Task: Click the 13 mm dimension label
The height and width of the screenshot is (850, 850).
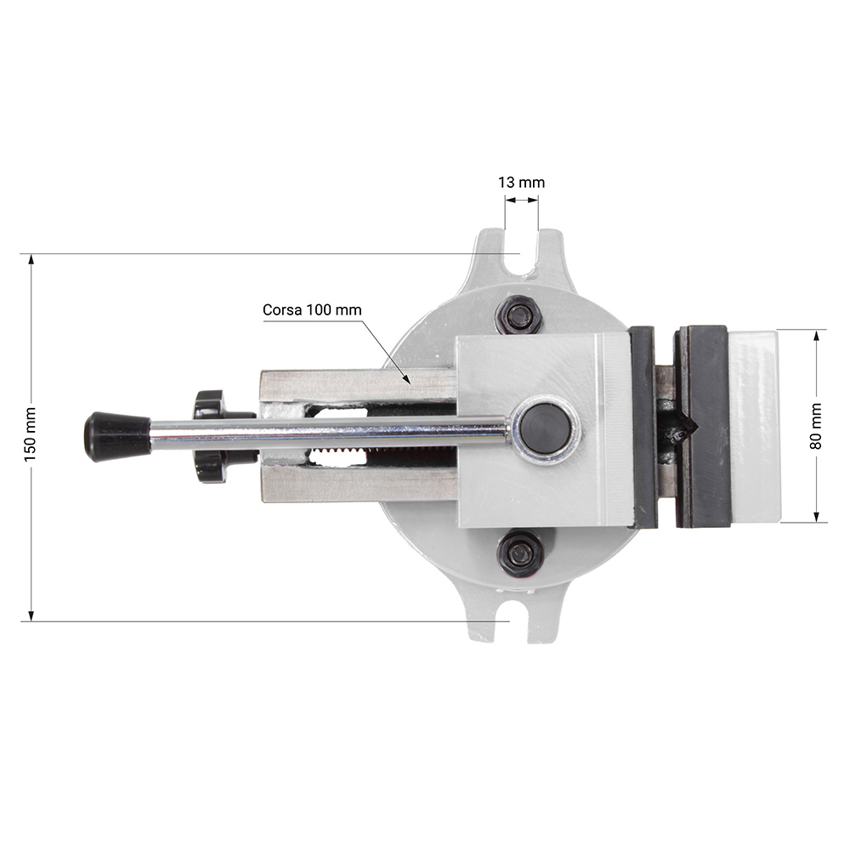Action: [522, 183]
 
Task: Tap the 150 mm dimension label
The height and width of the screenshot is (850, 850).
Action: [30, 434]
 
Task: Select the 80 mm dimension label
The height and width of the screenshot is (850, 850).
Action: [816, 426]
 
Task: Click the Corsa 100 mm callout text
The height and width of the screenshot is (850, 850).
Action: [312, 310]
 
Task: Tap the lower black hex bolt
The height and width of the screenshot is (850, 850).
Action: [520, 553]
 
